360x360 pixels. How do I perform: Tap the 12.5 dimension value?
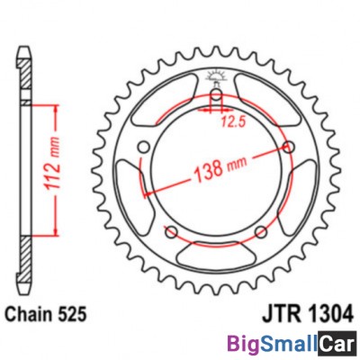[236, 119]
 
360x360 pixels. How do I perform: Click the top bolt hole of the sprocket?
[216, 97]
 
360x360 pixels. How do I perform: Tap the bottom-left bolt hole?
[171, 233]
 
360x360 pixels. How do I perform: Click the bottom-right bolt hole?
[260, 233]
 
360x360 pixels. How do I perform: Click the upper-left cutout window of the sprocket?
[157, 108]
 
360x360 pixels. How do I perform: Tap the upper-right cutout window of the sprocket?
[274, 108]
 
